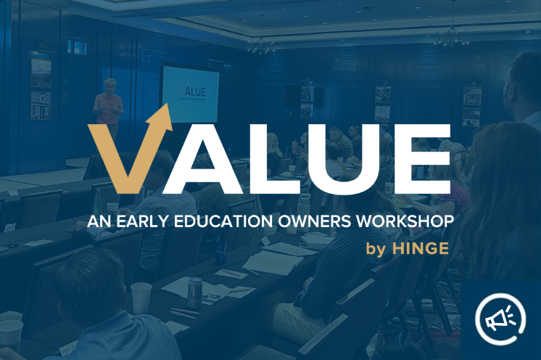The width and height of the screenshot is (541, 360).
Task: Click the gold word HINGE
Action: click(421, 249)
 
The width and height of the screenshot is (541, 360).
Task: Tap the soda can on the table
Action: click(194, 291)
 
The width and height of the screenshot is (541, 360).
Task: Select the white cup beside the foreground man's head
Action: click(141, 298)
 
